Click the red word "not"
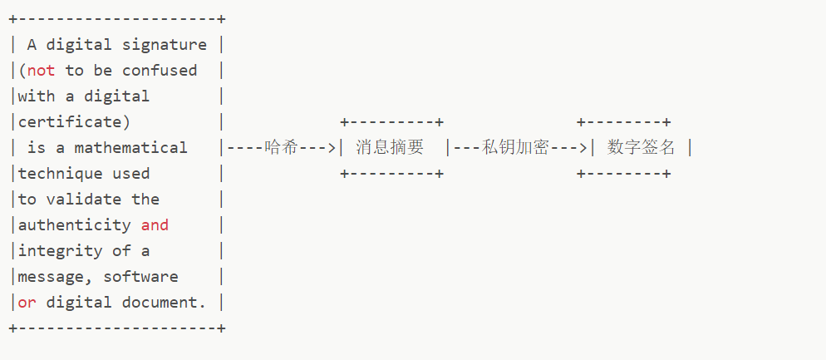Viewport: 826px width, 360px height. [42, 71]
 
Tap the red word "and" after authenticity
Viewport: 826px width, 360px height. [155, 225]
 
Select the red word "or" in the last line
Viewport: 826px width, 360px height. [27, 303]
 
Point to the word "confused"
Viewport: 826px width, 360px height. [160, 71]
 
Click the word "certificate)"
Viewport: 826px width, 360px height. [74, 122]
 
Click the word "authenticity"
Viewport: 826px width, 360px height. [74, 225]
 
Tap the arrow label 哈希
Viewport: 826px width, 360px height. [281, 148]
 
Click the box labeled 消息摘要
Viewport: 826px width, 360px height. [390, 148]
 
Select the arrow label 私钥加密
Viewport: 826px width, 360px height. [515, 148]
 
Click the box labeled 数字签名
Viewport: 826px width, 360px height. [641, 148]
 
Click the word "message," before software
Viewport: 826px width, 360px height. [56, 277]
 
